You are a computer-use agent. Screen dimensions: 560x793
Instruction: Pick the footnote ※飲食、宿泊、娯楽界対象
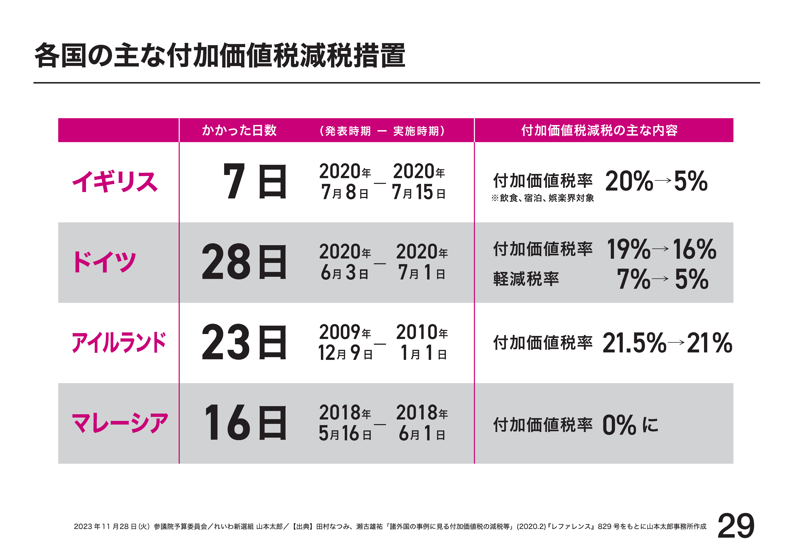pos(543,198)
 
